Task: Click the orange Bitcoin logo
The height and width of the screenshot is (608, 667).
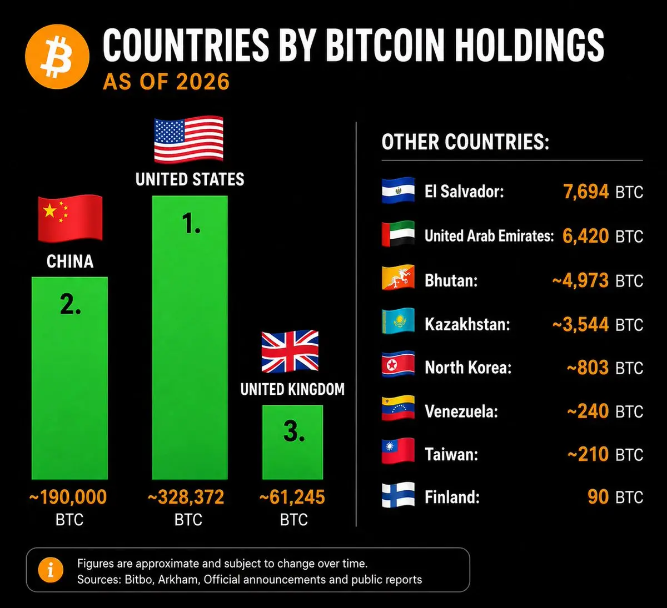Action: pyautogui.click(x=57, y=57)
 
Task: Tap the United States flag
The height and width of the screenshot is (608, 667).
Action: pyautogui.click(x=189, y=139)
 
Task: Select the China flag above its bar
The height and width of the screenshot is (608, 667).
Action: pyautogui.click(x=70, y=218)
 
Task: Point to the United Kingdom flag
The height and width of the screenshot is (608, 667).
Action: pyautogui.click(x=290, y=351)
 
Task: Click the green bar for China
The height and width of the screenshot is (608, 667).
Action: pyautogui.click(x=70, y=378)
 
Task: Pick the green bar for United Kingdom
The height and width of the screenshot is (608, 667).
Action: pyautogui.click(x=292, y=442)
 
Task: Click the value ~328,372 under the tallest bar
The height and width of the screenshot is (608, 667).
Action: pyautogui.click(x=186, y=498)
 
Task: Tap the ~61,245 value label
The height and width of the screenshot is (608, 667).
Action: pyautogui.click(x=292, y=498)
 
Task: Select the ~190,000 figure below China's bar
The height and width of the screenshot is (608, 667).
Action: pyautogui.click(x=68, y=498)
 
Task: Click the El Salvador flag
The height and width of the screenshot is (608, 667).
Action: pyautogui.click(x=398, y=190)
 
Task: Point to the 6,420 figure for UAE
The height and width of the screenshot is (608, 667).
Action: pyautogui.click(x=585, y=236)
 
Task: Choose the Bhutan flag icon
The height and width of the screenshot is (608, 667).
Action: pyautogui.click(x=398, y=278)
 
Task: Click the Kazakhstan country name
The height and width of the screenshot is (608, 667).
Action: pyautogui.click(x=467, y=324)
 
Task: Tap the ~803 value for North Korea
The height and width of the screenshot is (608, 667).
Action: pyautogui.click(x=588, y=368)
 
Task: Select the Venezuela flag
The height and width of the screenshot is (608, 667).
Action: pyautogui.click(x=398, y=408)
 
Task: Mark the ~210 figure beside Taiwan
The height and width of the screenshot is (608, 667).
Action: pyautogui.click(x=588, y=454)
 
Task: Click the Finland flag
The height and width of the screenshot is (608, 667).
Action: pyautogui.click(x=398, y=495)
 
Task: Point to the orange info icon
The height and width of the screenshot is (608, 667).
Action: pyautogui.click(x=51, y=570)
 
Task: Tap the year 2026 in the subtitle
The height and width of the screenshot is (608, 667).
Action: pyautogui.click(x=202, y=82)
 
